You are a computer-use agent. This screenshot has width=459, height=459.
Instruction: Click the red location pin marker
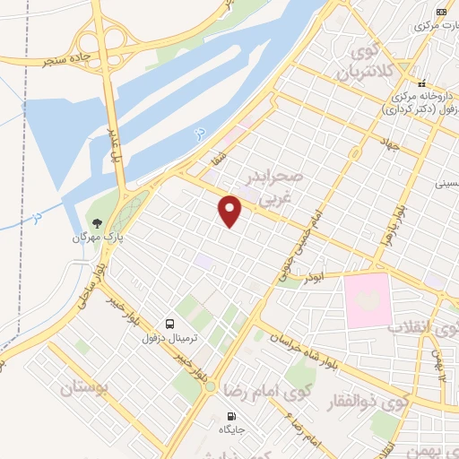[x=230, y=211]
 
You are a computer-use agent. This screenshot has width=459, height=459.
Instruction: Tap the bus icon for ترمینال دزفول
[x=170, y=324]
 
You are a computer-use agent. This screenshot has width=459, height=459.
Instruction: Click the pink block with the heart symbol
[x=367, y=298]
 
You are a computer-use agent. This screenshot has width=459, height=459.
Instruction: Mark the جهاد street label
[x=387, y=146]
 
